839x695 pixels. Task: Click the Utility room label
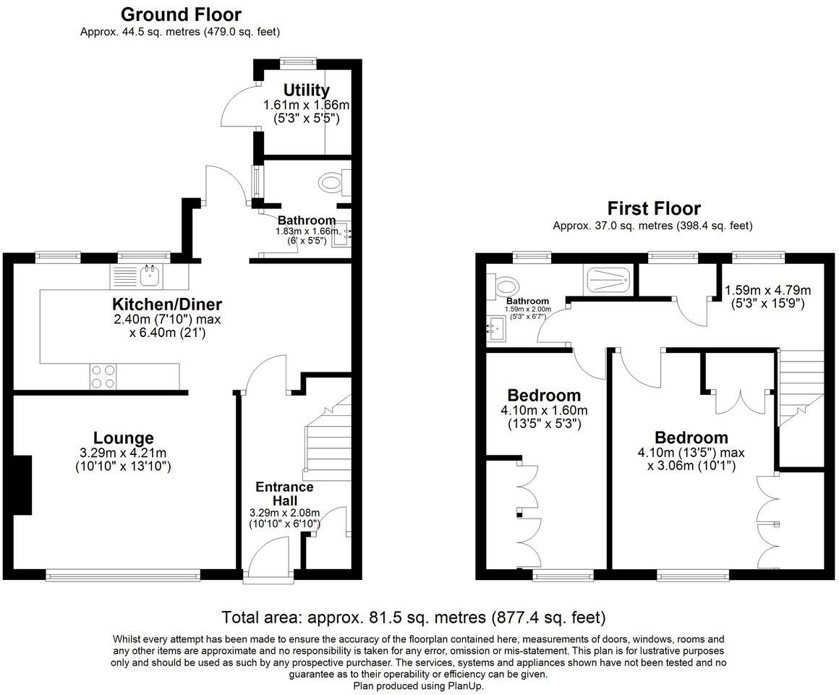(307, 90)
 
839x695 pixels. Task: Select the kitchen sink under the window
(151, 273)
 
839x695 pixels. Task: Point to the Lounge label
(123, 438)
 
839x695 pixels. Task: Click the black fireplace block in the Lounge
(23, 485)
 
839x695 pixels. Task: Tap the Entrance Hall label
(283, 493)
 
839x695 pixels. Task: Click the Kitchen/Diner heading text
(166, 304)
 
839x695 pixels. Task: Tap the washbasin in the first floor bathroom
(497, 329)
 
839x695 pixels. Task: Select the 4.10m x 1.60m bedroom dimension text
(544, 410)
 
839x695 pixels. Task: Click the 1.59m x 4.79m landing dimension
(767, 291)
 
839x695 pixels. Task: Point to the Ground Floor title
(181, 14)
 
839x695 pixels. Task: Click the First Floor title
(654, 209)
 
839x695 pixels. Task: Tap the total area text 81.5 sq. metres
(414, 618)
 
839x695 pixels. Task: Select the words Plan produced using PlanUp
(419, 686)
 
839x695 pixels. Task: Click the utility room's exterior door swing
(237, 108)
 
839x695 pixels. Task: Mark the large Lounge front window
(122, 576)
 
